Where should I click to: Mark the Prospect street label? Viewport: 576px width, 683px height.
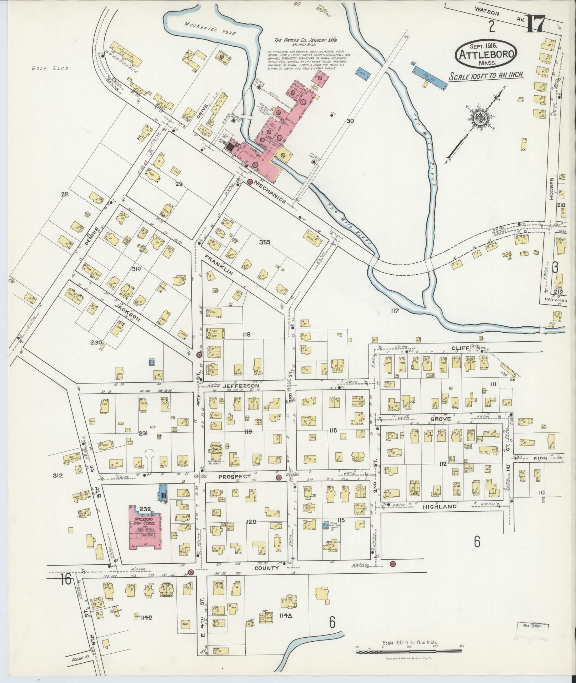[x=234, y=477]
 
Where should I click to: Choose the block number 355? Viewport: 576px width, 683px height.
[x=265, y=242]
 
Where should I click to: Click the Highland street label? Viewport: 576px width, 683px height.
[x=440, y=506]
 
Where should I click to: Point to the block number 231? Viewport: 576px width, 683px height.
[x=144, y=434]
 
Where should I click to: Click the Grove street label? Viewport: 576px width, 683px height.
[x=441, y=418]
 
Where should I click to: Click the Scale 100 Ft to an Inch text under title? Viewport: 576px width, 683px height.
[x=486, y=75]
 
